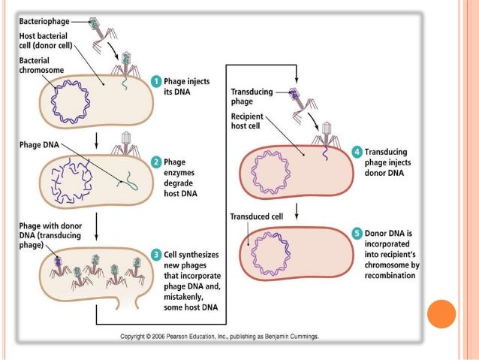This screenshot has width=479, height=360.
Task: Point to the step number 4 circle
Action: point(357,152)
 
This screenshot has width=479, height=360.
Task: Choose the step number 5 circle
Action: point(357,234)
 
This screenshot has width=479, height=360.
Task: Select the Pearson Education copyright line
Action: point(219,337)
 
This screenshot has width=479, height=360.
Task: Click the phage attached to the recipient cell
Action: point(327,138)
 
